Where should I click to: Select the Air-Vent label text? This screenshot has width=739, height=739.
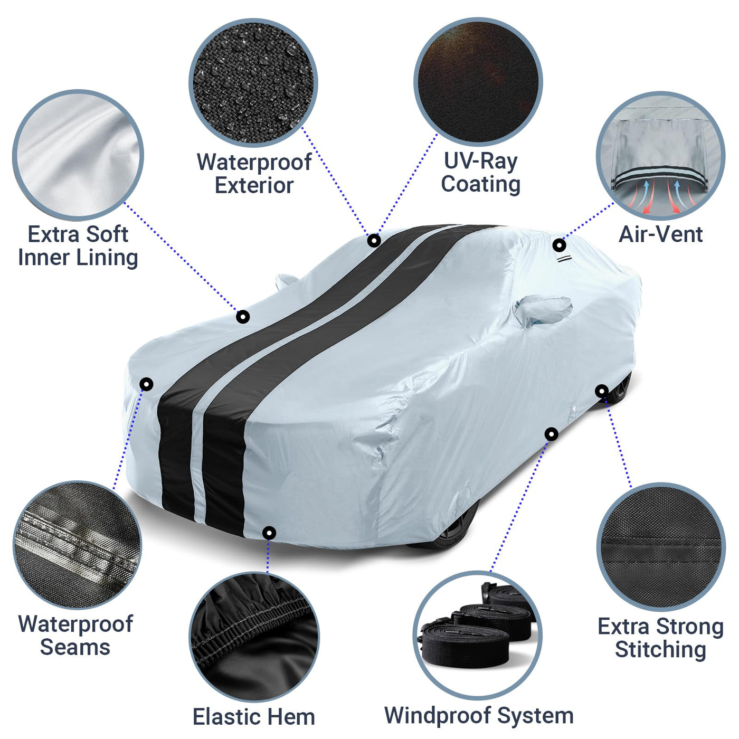coord(660,234)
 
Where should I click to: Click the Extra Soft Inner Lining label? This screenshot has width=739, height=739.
coord(78,245)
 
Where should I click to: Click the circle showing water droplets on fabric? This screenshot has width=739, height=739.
coord(253,82)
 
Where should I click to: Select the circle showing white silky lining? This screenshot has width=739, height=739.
coord(78,155)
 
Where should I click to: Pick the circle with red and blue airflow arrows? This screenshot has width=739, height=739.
coord(660,155)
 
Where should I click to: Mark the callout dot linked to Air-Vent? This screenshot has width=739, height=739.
coord(559,245)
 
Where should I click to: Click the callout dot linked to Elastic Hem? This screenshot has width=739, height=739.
coord(269,533)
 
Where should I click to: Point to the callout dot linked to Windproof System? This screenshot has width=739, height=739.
coord(551,434)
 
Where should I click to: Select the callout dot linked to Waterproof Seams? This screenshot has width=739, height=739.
coord(146,384)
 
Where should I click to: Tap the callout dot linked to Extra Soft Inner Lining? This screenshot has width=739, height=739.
coord(243,317)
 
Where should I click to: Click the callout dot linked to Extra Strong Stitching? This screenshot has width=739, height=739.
coord(602,391)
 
